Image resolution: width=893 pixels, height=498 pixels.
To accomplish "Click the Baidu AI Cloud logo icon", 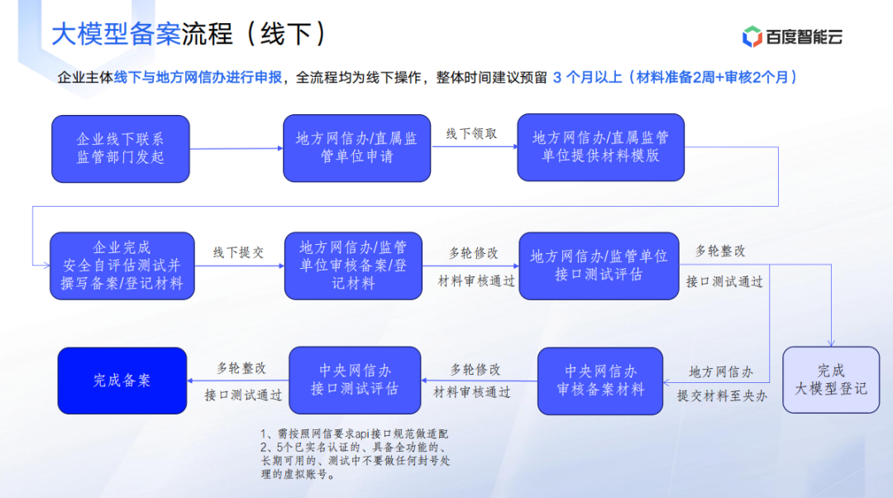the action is click(752, 36).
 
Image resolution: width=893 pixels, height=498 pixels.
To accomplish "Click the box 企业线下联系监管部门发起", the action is click(121, 149).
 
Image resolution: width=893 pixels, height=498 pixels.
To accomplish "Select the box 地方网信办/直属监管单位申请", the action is click(356, 148).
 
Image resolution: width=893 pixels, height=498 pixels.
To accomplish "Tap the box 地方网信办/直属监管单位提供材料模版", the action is click(601, 147).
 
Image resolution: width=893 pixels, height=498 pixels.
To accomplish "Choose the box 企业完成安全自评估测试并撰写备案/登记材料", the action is click(122, 266).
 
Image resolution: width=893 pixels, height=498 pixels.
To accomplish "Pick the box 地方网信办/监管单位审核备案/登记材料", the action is click(353, 266).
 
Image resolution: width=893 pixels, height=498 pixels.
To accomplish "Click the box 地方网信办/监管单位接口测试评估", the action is click(599, 266).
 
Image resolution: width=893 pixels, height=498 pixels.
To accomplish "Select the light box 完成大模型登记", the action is click(831, 380).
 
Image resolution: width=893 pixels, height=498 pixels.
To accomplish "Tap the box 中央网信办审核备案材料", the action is click(600, 381).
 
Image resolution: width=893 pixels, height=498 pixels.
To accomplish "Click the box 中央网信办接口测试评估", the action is click(355, 380).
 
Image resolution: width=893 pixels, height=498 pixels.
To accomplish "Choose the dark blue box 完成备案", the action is click(122, 381).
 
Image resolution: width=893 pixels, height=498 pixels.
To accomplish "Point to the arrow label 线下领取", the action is click(471, 134).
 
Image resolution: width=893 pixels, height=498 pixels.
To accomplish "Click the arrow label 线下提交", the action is click(239, 252).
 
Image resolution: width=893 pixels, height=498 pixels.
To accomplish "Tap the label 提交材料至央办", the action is click(722, 396).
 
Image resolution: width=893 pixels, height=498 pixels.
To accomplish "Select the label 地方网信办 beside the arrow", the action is click(721, 372).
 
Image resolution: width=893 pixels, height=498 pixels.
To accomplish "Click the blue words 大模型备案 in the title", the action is click(117, 34).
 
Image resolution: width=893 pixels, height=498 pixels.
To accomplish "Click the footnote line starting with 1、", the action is click(354, 434).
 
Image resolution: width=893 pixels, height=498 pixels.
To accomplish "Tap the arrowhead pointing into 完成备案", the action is click(190, 380).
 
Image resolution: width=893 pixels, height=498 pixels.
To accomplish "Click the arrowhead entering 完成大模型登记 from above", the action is click(831, 343).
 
